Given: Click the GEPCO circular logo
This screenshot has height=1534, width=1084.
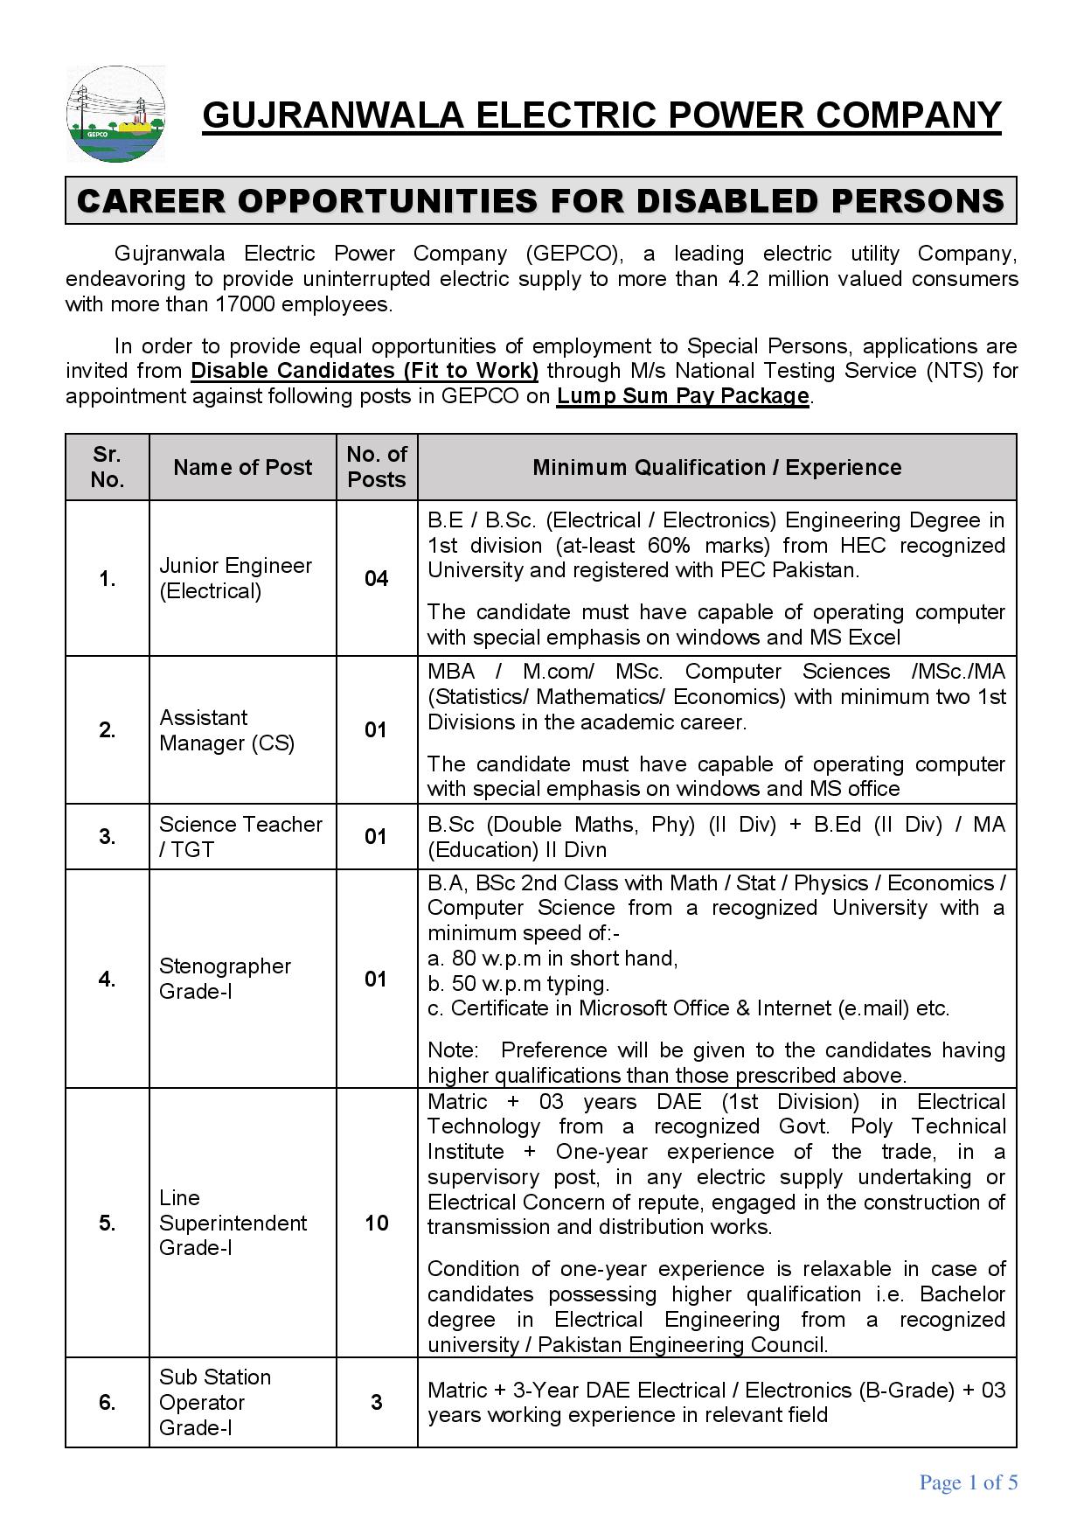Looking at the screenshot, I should [115, 115].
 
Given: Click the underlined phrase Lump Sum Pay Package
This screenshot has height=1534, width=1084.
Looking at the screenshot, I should [682, 396].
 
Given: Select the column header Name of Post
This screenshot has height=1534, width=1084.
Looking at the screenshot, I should [242, 467].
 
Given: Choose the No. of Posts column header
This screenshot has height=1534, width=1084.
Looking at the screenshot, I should [376, 467].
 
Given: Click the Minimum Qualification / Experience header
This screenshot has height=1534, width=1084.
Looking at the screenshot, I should [717, 467].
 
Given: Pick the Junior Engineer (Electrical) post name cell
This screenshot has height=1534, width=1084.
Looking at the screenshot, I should [235, 578].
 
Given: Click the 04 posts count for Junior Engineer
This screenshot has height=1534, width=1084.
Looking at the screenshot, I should [376, 578].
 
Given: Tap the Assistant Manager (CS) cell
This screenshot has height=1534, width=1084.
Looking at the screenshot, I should [226, 730].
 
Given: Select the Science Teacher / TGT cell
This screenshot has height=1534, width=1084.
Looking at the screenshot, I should [240, 837].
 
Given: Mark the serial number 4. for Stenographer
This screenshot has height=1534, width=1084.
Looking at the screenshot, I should [107, 979].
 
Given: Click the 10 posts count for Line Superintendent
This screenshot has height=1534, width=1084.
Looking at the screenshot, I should [376, 1223].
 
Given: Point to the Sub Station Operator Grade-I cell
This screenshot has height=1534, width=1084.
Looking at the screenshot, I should [215, 1402].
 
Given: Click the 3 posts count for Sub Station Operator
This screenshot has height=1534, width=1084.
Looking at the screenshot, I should [376, 1402].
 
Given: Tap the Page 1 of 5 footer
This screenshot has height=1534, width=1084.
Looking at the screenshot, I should [968, 1482].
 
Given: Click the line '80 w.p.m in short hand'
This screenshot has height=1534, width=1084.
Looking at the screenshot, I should [552, 959].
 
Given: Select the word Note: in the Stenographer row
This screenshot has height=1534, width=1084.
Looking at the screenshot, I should [452, 1049].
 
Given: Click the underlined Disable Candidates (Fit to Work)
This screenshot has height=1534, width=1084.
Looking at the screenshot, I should [365, 371].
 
